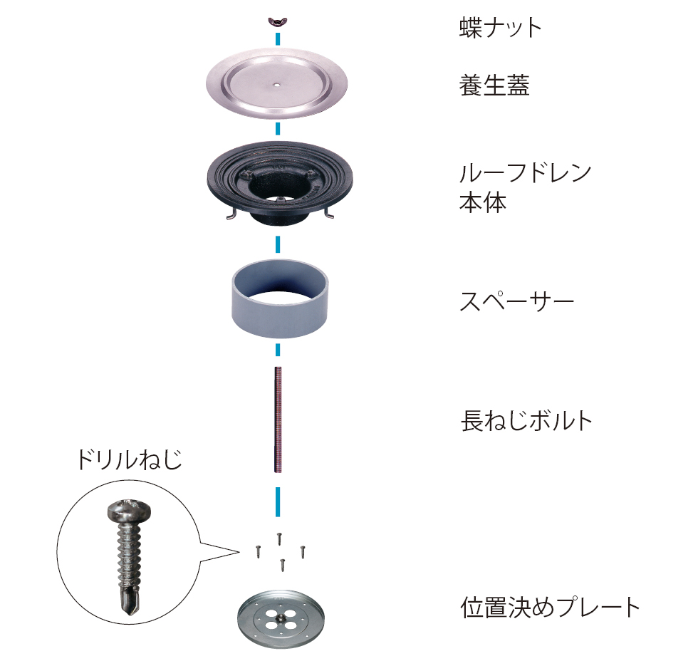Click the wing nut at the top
277,21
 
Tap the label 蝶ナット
500,28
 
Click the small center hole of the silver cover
277,83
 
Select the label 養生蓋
494,85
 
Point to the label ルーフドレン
526,173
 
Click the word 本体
483,202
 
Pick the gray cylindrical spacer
279,299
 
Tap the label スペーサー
517,301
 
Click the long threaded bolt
278,420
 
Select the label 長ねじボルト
526,421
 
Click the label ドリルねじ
130,459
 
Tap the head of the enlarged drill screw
129,511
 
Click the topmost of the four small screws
279,538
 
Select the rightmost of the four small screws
303,551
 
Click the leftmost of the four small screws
258,551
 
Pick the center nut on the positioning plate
281,618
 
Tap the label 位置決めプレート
550,608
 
